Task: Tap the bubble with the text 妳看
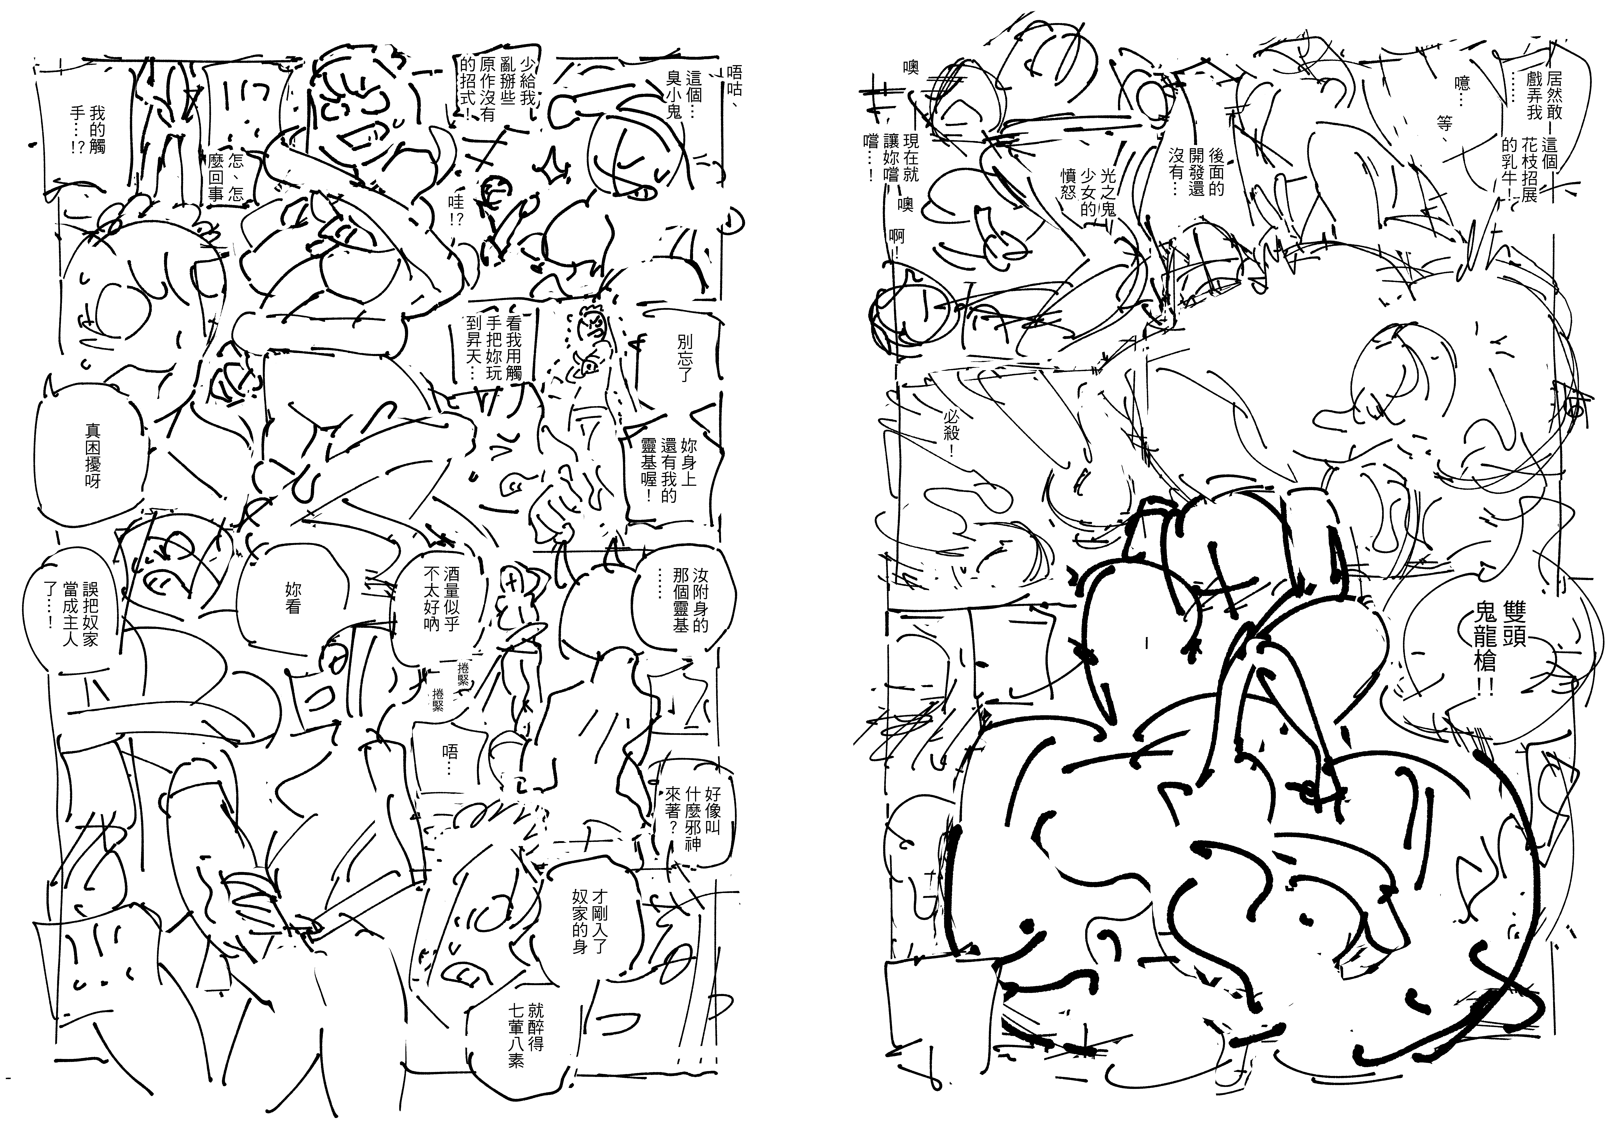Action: coord(293,596)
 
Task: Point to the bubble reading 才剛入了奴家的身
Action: coord(589,923)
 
